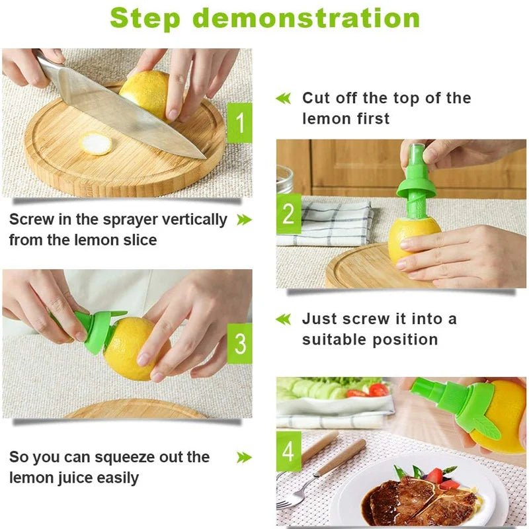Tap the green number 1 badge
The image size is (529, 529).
click(239, 122)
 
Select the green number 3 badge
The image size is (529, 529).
click(239, 343)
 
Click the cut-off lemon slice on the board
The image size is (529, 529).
click(97, 143)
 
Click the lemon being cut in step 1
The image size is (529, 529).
click(147, 93)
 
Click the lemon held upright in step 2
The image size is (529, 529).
click(413, 241)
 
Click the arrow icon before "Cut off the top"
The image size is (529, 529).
click(283, 99)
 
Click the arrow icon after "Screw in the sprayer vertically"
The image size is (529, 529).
click(244, 220)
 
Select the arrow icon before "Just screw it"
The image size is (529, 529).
click(283, 319)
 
